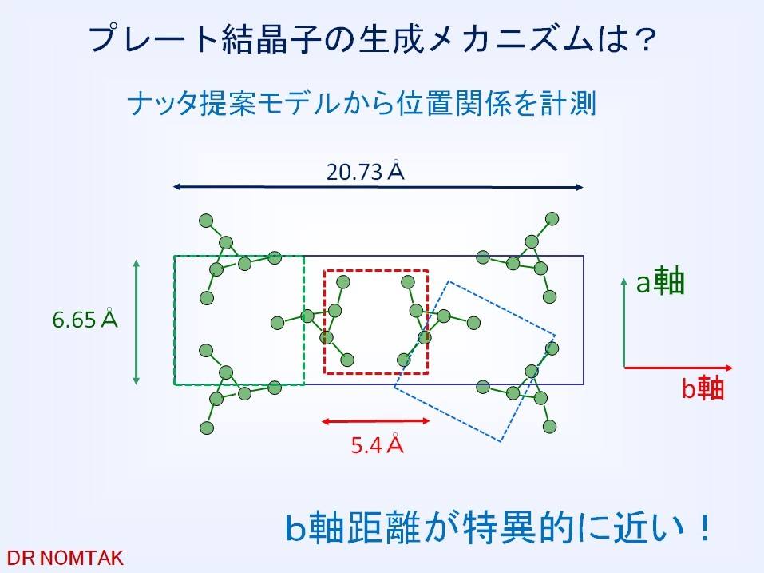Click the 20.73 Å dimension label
pyautogui.click(x=366, y=171)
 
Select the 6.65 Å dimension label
pyautogui.click(x=85, y=320)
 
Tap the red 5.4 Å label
pyautogui.click(x=377, y=444)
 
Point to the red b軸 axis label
pyautogui.click(x=703, y=388)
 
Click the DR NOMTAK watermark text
pyautogui.click(x=65, y=558)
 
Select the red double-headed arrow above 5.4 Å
pyautogui.click(x=375, y=421)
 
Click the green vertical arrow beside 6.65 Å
pyautogui.click(x=136, y=322)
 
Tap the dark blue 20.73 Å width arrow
pyautogui.click(x=378, y=187)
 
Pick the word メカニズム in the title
pyautogui.click(x=512, y=39)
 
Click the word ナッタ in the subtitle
pyautogui.click(x=163, y=104)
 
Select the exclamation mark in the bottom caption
pyautogui.click(x=704, y=527)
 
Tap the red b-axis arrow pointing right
pyautogui.click(x=679, y=368)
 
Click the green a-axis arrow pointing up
pyautogui.click(x=624, y=322)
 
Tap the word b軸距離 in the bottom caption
pyautogui.click(x=352, y=527)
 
